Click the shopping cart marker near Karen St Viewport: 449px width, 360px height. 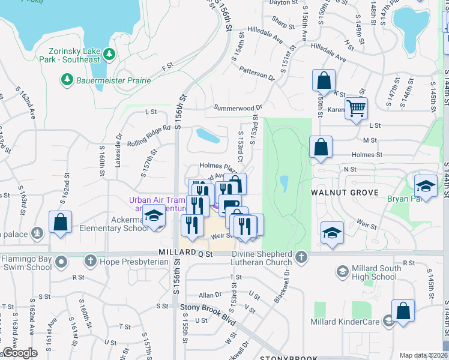coord(356,109)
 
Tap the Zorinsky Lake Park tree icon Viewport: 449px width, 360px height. coord(109,55)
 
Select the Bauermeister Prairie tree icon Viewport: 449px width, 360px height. coord(66,79)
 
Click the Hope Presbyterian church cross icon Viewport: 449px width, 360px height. coord(90,260)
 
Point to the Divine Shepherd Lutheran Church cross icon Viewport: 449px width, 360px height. coord(301,257)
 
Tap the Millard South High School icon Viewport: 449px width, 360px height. coord(342,272)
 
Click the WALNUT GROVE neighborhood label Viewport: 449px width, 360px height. coord(344,193)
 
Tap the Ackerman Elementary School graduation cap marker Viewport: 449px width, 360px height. coord(154,217)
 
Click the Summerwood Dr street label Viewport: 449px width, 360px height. coord(238,108)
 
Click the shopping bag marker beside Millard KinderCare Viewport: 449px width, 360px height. coord(403,311)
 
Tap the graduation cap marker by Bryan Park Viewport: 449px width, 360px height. coord(426,185)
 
